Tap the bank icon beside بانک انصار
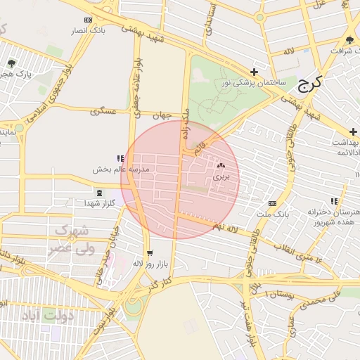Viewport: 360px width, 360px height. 87,20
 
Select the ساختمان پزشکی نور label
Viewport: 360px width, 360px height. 254,83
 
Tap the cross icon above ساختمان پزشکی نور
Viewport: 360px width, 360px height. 254,72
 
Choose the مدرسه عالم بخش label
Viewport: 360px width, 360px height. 121,170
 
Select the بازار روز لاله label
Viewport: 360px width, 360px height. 149,263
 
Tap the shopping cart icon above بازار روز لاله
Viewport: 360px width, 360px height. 149,253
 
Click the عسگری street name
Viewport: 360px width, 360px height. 103,112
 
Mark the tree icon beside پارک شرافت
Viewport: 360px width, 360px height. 350,39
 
